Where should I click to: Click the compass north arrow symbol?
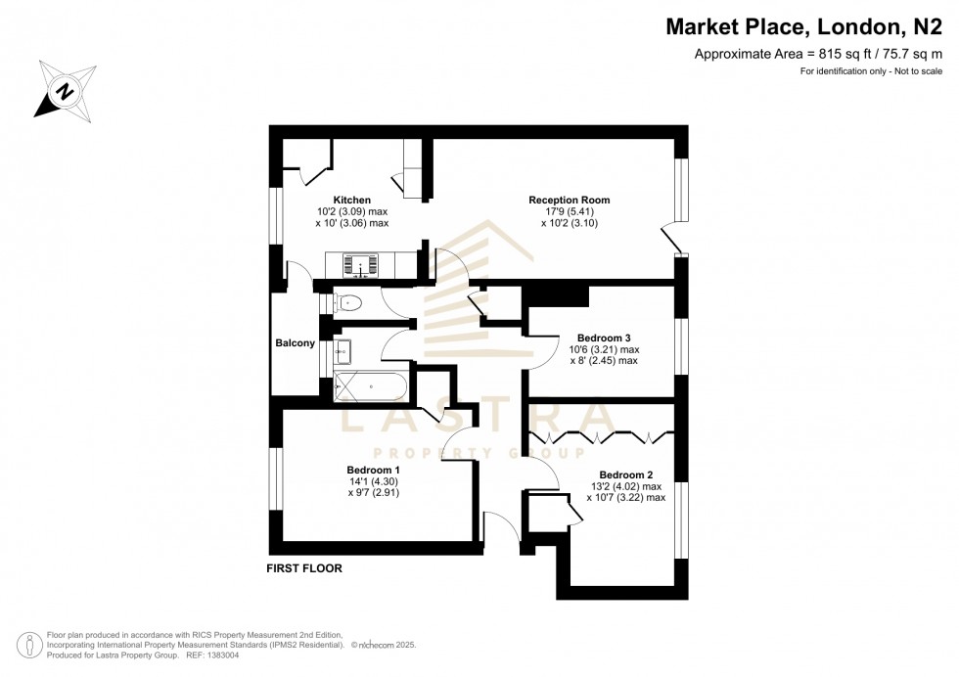(x=66, y=90)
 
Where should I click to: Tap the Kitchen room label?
(x=351, y=201)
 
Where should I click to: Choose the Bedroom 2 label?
(x=625, y=474)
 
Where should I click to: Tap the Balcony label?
(x=296, y=343)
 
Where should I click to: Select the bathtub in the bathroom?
(x=370, y=386)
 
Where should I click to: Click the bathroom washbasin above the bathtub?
(x=343, y=349)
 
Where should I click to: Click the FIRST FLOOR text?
(x=304, y=568)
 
